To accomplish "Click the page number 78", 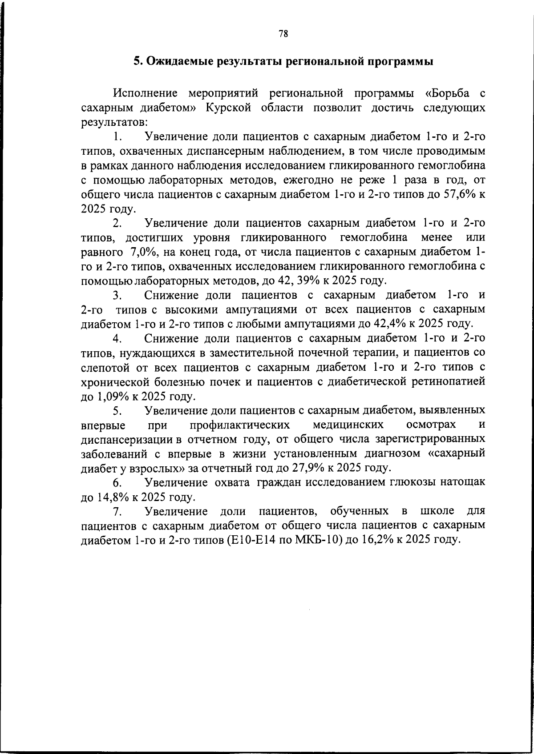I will pyautogui.click(x=283, y=34).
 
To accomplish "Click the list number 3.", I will pyautogui.click(x=117, y=295).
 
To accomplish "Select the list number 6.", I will pyautogui.click(x=117, y=482).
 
